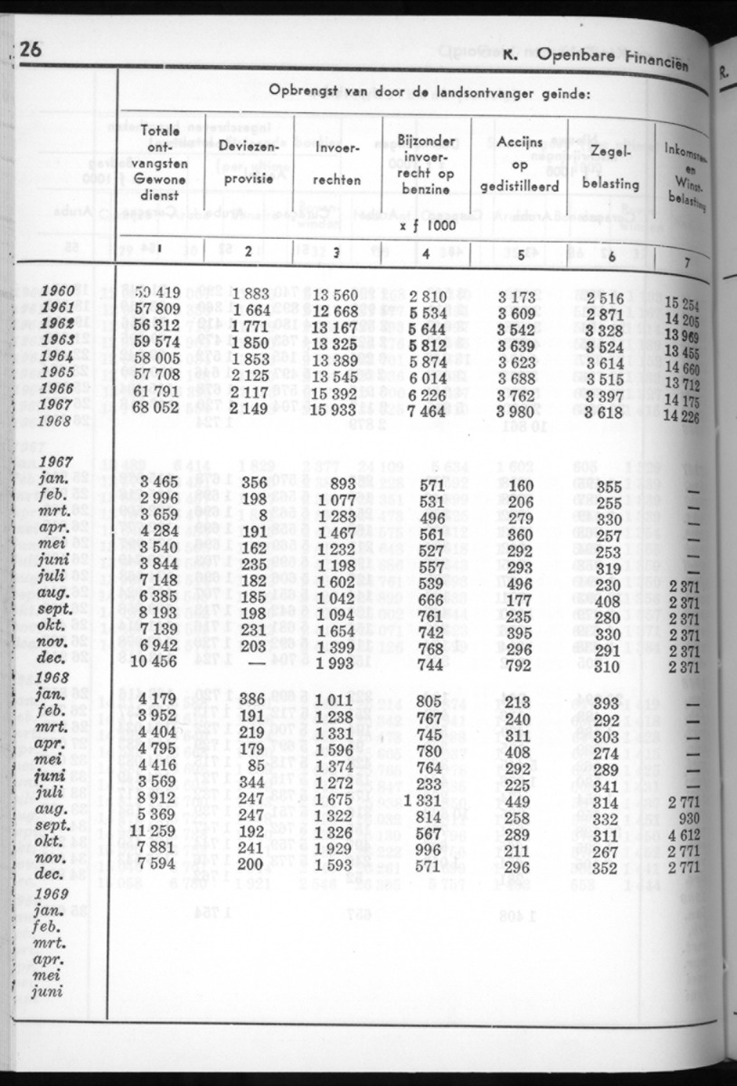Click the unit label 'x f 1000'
coord(428,224)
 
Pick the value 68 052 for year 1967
coord(156,405)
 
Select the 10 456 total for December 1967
coord(152,665)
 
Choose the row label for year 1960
coord(58,292)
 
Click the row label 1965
coord(58,372)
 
